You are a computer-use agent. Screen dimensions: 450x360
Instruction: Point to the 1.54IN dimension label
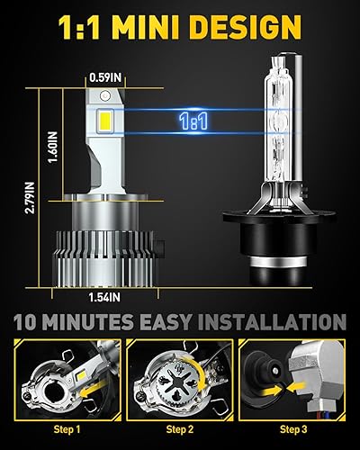tap(109, 294)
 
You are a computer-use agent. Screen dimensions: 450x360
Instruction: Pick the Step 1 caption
tap(60, 430)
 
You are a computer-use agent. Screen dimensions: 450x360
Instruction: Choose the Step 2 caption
tap(179, 430)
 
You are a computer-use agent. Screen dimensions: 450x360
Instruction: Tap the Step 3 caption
tap(298, 430)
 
